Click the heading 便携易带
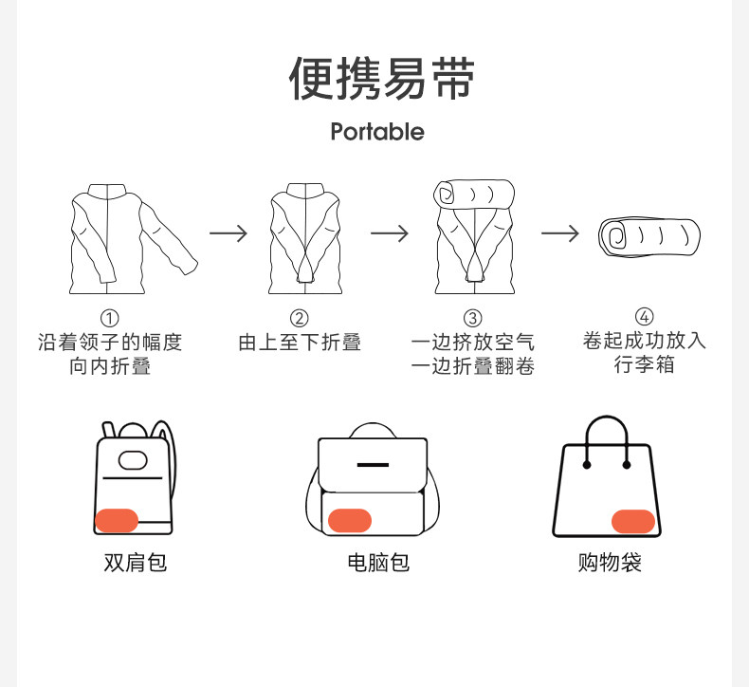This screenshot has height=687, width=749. [x=381, y=80]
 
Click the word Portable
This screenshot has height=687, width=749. [x=377, y=132]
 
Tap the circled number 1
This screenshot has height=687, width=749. [x=110, y=318]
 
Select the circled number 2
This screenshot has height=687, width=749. [x=299, y=318]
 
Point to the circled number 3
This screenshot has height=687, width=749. [x=472, y=318]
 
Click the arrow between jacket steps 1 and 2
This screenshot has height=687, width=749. [x=228, y=233]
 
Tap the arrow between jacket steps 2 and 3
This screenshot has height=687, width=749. [x=389, y=233]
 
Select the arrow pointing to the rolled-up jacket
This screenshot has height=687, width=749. [x=559, y=233]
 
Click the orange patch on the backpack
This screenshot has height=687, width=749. [x=117, y=520]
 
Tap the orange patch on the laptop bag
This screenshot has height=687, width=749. [x=349, y=520]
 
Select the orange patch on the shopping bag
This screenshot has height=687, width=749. [x=632, y=520]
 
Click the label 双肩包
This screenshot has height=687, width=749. [x=135, y=563]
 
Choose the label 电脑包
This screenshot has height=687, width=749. [x=377, y=563]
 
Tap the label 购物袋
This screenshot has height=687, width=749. [x=610, y=563]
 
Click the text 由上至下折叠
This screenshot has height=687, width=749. [x=300, y=343]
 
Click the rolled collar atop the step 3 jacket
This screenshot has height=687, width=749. [x=474, y=195]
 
